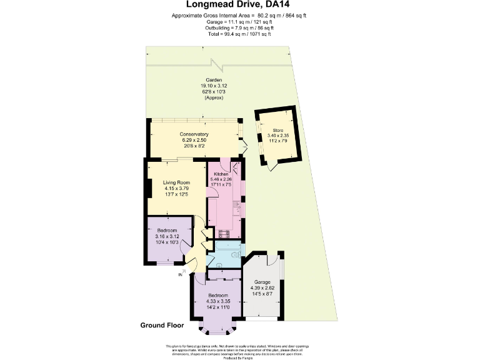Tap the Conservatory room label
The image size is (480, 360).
click(x=194, y=134)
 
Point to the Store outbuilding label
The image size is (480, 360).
click(x=277, y=130)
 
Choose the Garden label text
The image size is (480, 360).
click(x=211, y=80)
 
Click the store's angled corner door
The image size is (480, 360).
click(x=270, y=165)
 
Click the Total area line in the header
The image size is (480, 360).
click(x=240, y=34)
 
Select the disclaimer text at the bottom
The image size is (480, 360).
click(x=240, y=351)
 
